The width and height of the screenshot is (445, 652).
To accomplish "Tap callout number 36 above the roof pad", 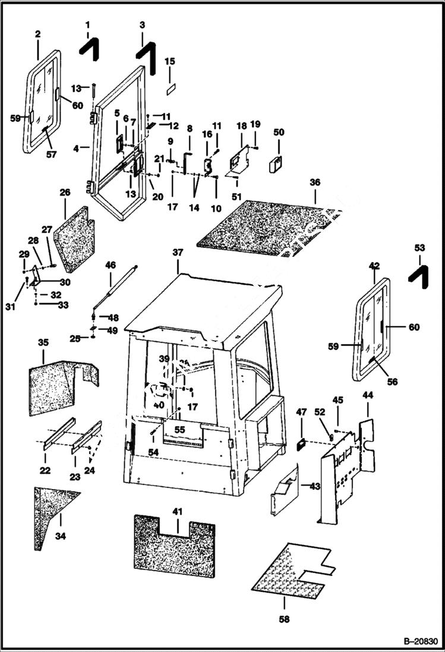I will point(315,182).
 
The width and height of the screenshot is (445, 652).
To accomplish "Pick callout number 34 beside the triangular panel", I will point(61,536).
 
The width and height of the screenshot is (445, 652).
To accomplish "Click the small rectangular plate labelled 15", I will point(170,87).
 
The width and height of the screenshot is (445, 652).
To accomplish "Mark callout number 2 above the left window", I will point(37,34).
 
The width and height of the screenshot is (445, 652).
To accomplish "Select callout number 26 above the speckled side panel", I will point(65,193).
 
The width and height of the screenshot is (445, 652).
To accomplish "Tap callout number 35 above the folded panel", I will point(43,342).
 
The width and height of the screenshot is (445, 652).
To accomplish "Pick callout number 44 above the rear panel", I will point(367,395).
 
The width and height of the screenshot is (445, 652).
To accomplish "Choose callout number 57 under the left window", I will point(51,155).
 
